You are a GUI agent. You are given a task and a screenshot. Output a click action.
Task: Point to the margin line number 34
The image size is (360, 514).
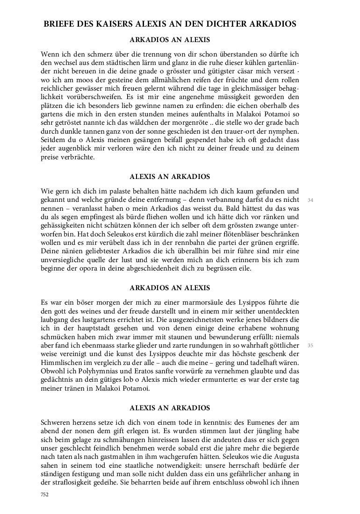[x=310, y=200]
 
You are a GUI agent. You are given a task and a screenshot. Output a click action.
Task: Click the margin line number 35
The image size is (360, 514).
[x=310, y=345]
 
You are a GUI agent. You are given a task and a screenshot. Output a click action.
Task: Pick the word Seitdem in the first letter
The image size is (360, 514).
[x=53, y=140]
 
